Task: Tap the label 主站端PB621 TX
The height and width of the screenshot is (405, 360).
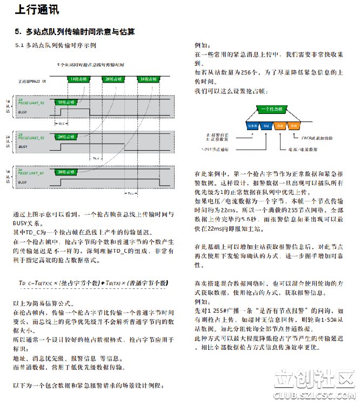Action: [x=32, y=80]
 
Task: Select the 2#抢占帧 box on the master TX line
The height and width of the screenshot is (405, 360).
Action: [x=114, y=79]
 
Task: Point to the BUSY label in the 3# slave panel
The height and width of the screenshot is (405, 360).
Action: [x=23, y=183]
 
